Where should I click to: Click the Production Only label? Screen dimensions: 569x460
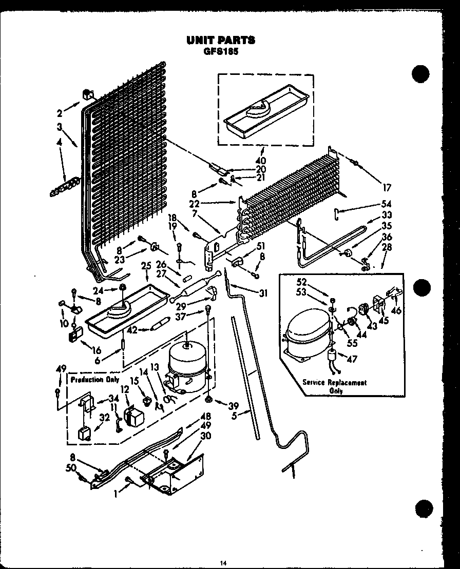[x=94, y=380]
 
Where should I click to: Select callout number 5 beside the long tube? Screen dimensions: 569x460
[x=234, y=416]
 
